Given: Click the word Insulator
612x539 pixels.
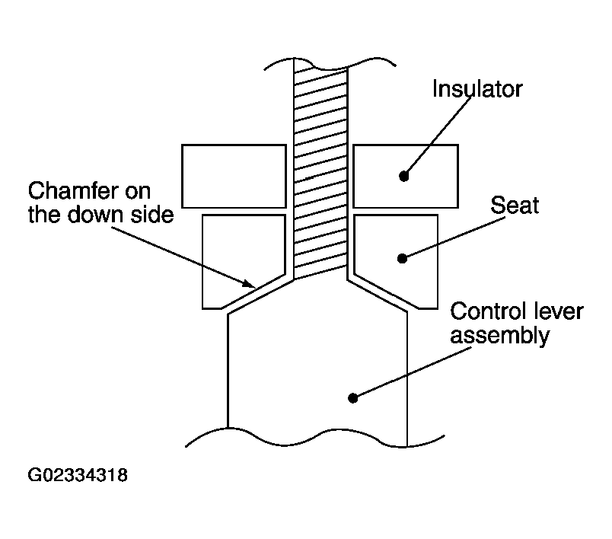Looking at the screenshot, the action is point(477,89).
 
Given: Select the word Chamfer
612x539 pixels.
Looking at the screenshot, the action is point(72,191).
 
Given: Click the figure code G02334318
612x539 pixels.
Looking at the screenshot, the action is point(78,475).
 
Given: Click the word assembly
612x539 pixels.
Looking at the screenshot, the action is point(500,336).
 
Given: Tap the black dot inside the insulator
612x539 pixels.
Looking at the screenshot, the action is point(404,176).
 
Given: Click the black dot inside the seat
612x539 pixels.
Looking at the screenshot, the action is point(402,258).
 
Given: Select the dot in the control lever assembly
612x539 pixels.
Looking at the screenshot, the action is point(353,398).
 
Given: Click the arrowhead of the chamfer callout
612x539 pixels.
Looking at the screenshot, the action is point(250,285).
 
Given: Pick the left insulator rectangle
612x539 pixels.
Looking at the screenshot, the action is point(234,176).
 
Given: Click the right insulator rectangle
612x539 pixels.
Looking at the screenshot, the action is point(406,176).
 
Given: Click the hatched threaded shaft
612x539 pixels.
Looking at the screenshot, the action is point(320,172).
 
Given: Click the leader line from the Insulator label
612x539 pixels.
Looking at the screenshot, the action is point(437,136).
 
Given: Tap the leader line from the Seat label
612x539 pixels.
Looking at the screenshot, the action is point(454,238).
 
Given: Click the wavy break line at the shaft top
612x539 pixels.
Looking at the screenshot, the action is point(330,65).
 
